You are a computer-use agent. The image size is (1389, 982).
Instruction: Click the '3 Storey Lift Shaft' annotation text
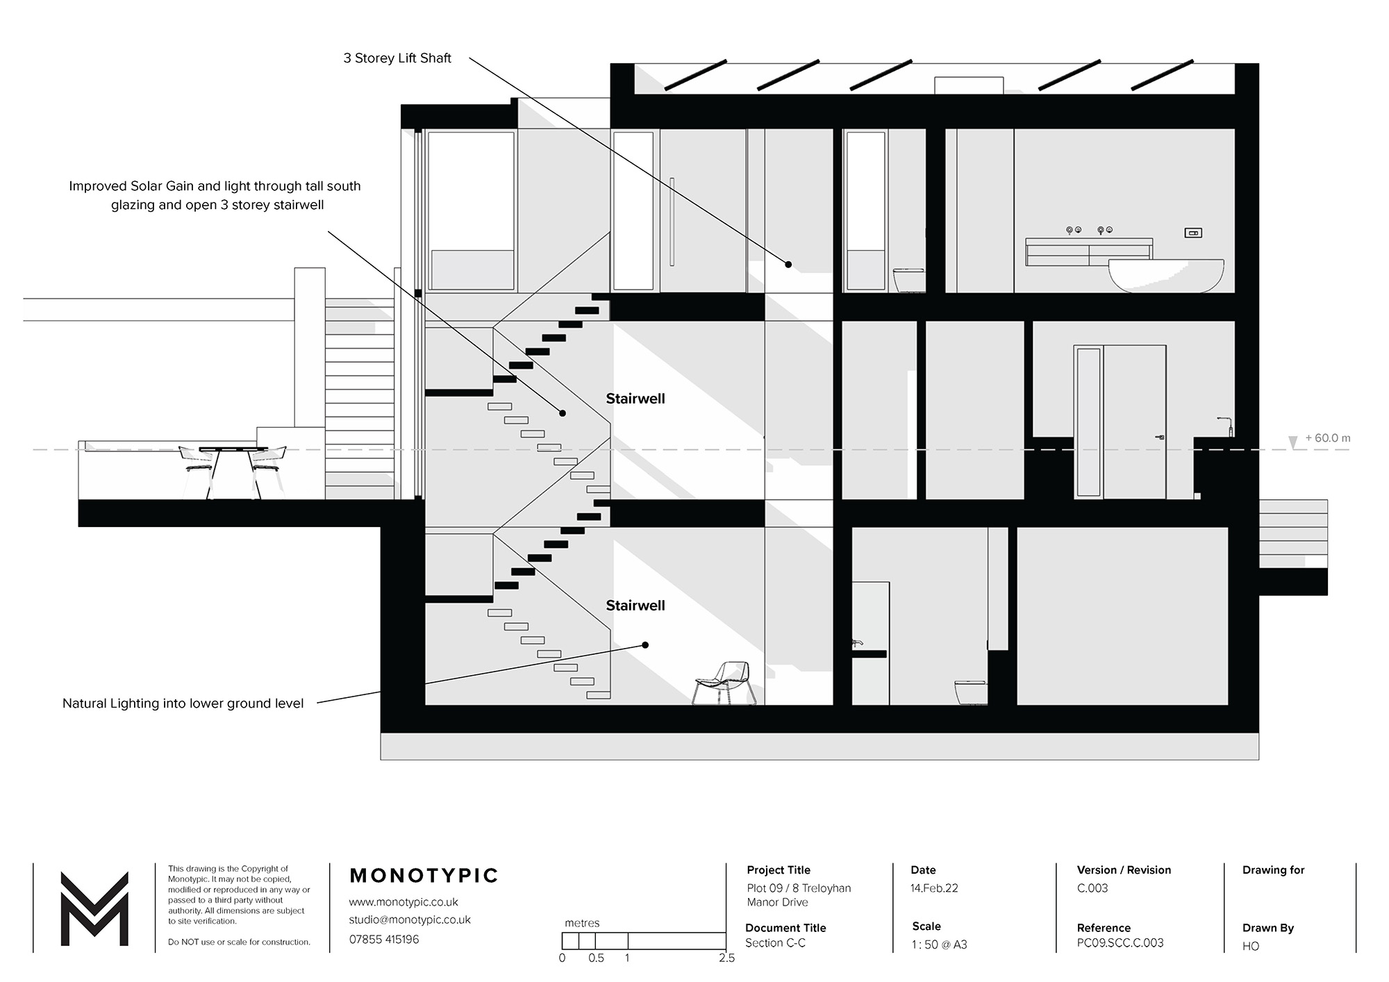397,58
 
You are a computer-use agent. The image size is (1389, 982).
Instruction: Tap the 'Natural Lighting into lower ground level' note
183,704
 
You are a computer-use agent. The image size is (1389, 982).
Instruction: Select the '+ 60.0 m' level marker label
1328,438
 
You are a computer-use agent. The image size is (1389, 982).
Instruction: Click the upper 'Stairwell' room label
635,399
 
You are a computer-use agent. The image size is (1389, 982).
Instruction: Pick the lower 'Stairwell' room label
635,606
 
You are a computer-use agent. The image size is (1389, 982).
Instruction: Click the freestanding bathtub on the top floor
1166,275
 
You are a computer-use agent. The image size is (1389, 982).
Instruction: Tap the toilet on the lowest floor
971,692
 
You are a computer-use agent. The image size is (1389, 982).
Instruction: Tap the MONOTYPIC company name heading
424,876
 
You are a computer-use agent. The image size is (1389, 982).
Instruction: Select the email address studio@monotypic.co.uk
410,919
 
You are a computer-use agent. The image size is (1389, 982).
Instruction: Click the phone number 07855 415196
384,940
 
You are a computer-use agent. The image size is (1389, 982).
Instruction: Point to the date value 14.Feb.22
934,888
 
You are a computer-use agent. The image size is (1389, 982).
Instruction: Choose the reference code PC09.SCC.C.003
1120,943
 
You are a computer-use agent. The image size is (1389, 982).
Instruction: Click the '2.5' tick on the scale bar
726,958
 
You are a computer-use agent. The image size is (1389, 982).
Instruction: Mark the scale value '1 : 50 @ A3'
940,944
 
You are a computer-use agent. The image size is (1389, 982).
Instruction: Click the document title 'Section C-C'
776,943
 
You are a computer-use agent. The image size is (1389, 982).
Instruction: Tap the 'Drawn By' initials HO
1251,946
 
